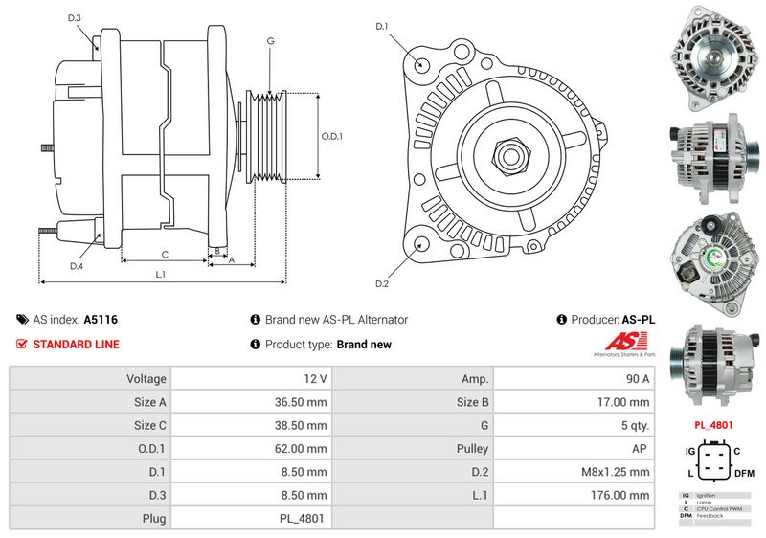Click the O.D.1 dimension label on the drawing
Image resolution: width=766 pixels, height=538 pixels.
[331, 136]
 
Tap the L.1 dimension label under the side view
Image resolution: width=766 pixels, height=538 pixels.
[161, 275]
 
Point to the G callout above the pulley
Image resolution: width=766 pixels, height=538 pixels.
[271, 41]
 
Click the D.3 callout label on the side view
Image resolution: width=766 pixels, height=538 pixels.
[75, 18]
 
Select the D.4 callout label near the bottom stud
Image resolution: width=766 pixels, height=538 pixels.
[76, 265]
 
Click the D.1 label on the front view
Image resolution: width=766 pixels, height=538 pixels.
[381, 27]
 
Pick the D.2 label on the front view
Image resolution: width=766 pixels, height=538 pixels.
[381, 283]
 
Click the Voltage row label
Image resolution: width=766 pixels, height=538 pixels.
[146, 379]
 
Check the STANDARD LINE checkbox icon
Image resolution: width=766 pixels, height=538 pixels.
[22, 345]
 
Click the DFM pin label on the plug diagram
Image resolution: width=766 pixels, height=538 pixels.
[746, 472]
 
